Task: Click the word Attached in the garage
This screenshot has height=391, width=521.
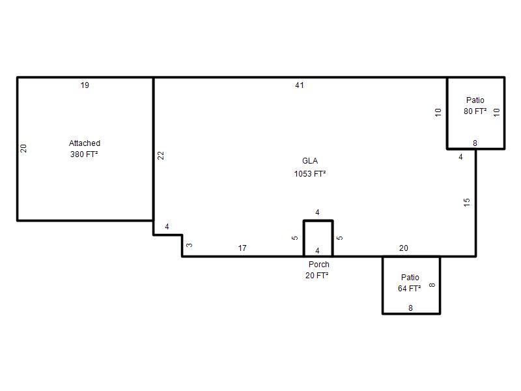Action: click(x=85, y=143)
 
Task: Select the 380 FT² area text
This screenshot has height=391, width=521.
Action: click(x=84, y=154)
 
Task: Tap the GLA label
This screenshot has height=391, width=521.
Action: click(x=310, y=161)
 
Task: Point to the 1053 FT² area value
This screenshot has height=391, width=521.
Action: click(x=310, y=173)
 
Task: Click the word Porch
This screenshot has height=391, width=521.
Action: click(x=319, y=265)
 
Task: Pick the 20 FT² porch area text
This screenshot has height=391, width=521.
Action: click(x=317, y=275)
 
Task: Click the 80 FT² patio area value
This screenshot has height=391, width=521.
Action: click(x=475, y=111)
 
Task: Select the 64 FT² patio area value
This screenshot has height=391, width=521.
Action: click(x=410, y=288)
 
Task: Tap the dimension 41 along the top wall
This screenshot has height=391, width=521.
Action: click(x=300, y=85)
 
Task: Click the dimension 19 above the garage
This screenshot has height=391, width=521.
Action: click(x=85, y=85)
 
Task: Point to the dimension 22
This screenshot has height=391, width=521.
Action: click(x=161, y=155)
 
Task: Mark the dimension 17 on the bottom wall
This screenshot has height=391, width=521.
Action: click(x=242, y=248)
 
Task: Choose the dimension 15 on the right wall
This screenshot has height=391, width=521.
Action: click(x=467, y=202)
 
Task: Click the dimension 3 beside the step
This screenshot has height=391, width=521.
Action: click(x=190, y=246)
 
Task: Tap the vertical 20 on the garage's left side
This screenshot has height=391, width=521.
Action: click(x=23, y=149)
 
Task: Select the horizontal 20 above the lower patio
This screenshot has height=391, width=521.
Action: click(x=404, y=248)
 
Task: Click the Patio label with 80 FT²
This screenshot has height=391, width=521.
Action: click(x=475, y=100)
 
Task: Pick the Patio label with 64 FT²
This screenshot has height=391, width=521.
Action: click(x=410, y=278)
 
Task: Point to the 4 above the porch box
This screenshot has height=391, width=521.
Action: click(x=317, y=212)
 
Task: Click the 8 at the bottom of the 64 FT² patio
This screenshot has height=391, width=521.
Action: click(x=411, y=308)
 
